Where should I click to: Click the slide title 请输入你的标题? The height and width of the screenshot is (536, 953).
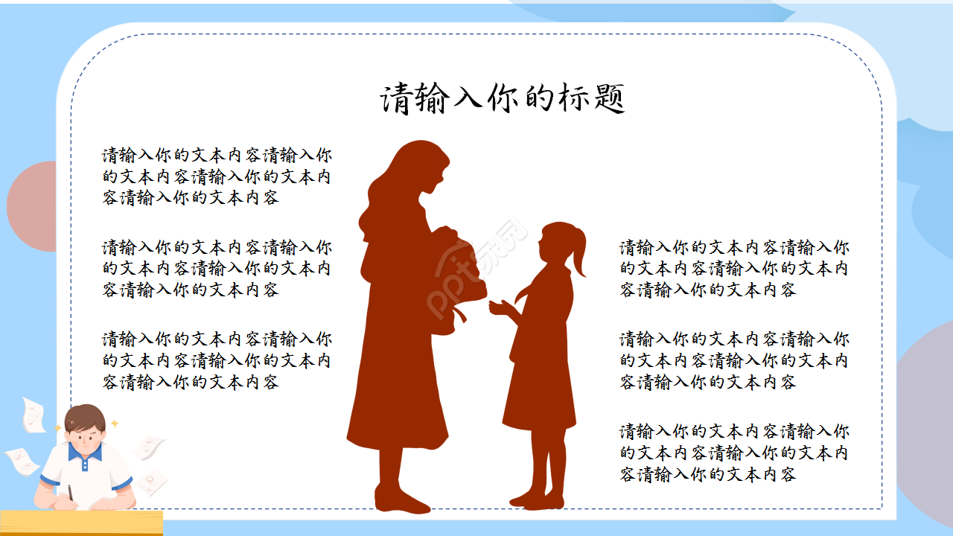(x=503, y=99)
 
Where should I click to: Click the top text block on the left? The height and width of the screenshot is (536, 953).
(x=217, y=177)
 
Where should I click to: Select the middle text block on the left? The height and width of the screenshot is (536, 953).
(x=217, y=268)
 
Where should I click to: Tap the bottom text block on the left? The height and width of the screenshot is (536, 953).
(x=217, y=360)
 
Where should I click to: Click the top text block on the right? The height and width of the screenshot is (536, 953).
(x=734, y=268)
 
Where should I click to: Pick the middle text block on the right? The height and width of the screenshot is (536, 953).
(x=734, y=360)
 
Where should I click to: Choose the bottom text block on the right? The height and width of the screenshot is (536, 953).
(x=734, y=453)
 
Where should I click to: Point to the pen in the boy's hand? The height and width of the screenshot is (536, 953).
(x=71, y=493)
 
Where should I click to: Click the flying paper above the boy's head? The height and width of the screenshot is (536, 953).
(x=34, y=415)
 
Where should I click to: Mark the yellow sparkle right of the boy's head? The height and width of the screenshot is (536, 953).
(x=115, y=424)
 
